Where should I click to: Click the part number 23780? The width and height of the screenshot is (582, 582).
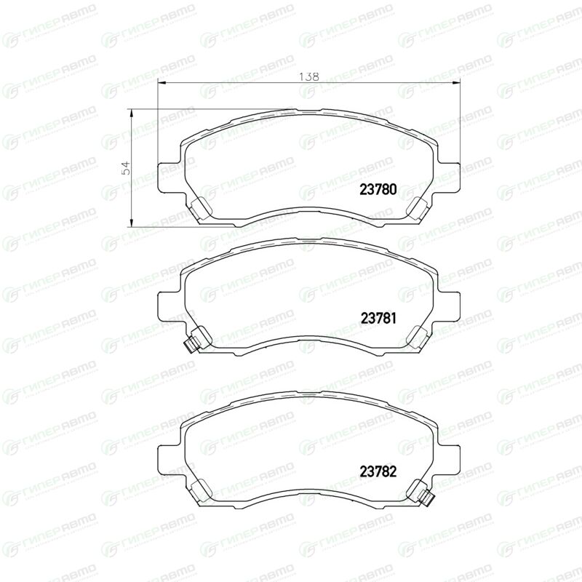tap(378, 189)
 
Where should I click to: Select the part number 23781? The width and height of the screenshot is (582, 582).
tap(378, 318)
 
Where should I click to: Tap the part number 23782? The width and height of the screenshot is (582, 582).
tap(378, 471)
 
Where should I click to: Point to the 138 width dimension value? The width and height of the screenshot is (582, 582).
tap(308, 76)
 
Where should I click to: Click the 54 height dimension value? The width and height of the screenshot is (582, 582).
tap(126, 168)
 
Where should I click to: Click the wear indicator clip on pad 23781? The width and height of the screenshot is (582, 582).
tap(191, 345)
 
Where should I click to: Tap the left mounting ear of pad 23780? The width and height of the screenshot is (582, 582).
tap(171, 178)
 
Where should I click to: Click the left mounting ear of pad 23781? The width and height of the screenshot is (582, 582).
tap(171, 306)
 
